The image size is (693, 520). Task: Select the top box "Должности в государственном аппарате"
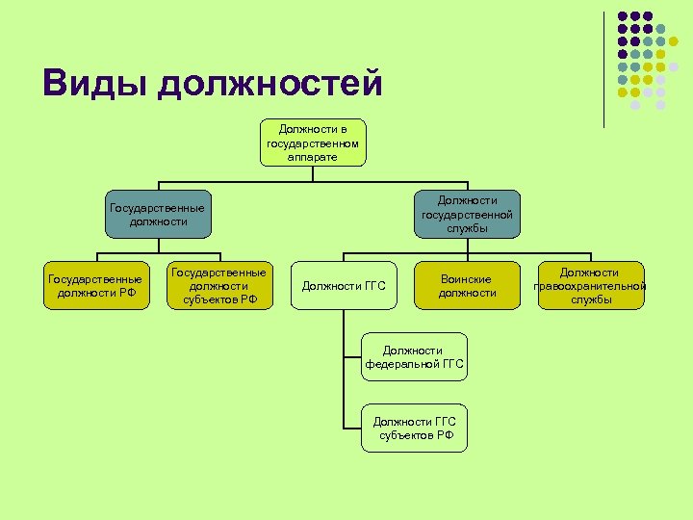pos(313,143)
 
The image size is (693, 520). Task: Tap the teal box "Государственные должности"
pos(157,215)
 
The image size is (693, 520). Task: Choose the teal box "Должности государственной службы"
pos(468,214)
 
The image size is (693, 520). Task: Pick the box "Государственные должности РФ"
pos(96,286)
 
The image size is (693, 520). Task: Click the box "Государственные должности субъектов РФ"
pos(219,286)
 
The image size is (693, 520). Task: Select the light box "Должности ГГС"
pos(344,286)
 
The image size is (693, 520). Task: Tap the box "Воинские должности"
pos(467,286)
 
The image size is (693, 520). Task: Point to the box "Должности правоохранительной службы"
pos(590,286)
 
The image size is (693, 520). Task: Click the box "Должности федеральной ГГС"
pos(415,357)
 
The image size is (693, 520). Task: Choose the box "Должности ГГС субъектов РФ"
pos(415,428)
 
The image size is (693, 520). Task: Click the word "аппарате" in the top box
pos(313,156)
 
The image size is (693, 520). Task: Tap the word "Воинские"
pos(467,279)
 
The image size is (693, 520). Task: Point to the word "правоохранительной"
pos(590,286)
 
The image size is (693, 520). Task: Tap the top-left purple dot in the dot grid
pos(622,17)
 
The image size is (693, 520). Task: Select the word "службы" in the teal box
pos(468,228)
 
